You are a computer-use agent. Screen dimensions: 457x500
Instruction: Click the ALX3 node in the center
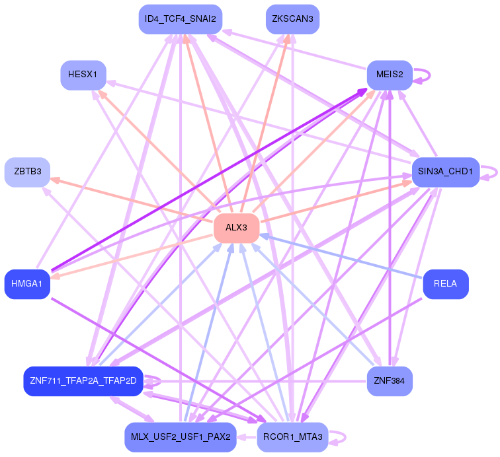point(236,228)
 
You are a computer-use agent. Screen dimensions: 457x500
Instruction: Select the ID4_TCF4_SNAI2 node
point(181,19)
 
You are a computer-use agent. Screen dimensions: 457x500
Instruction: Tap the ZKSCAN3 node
point(292,19)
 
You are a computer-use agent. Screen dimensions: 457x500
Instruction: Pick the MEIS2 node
point(390,74)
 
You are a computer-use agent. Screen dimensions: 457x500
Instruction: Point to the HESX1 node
point(83,74)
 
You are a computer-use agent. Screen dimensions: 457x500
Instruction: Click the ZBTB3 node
point(28,172)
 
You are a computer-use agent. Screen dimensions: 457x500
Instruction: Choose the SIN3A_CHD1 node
point(445,172)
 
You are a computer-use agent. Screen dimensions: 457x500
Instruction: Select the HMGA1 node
point(27,284)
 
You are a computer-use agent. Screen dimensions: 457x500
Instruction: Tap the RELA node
point(446,284)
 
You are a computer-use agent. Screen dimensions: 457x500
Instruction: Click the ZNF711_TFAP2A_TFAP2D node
point(83,381)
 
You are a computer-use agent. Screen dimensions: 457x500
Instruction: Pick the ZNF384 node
point(390,381)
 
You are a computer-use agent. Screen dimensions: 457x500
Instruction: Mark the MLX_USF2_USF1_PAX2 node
point(181,437)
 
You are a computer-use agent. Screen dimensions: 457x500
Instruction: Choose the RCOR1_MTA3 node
point(292,437)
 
